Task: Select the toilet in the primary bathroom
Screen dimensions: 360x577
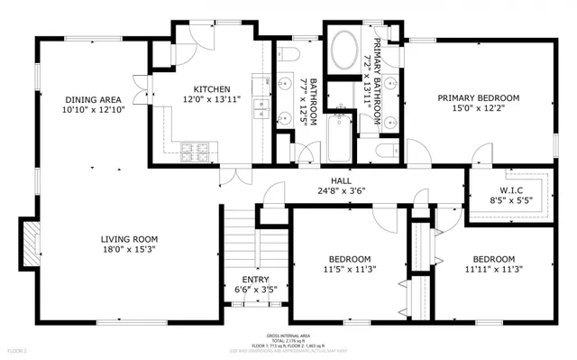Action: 384,150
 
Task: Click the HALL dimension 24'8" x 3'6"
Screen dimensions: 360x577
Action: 340,190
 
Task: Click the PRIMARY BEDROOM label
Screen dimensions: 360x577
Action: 479,97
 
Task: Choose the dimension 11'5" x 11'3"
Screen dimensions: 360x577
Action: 349,268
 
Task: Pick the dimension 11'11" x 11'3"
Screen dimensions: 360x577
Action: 494,268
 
